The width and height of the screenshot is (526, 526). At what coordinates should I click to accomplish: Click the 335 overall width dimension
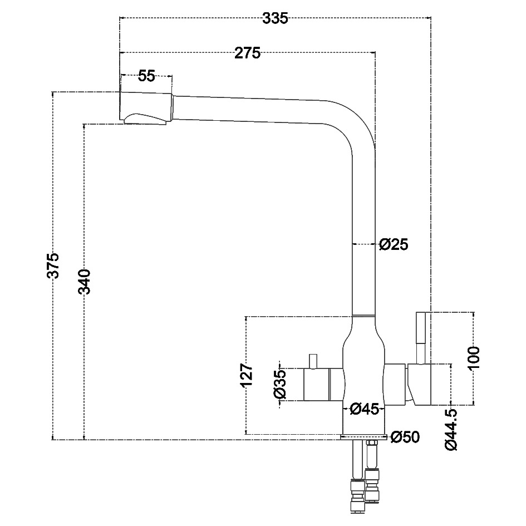[276, 18]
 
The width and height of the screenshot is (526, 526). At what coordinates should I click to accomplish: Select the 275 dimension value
[247, 53]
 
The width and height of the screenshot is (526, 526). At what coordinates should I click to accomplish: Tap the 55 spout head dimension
[146, 76]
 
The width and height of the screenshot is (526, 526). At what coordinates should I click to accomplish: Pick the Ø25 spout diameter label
[394, 244]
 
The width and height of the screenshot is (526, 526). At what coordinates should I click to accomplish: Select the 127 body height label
[247, 375]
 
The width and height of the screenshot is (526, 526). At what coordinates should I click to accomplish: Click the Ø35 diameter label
[279, 385]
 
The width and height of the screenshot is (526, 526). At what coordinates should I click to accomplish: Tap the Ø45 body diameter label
[365, 409]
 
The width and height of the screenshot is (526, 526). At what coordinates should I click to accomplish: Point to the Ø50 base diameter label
[405, 437]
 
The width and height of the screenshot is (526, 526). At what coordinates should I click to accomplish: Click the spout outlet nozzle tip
[145, 119]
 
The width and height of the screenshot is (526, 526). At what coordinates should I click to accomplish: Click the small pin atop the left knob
[313, 361]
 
